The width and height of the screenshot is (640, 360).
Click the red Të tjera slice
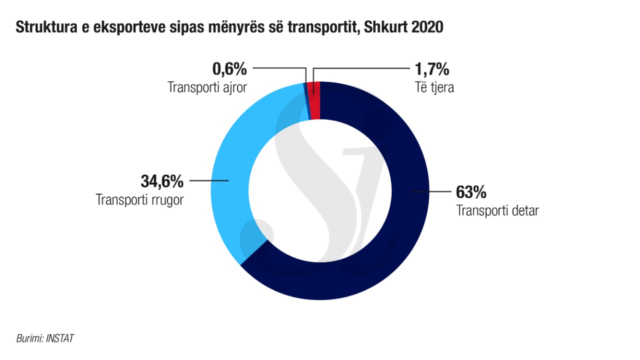pyautogui.click(x=314, y=100)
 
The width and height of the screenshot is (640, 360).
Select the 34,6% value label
pyautogui.click(x=161, y=180)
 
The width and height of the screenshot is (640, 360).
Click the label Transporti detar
pyautogui.click(x=497, y=210)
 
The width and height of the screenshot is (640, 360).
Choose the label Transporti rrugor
pyautogui.click(x=140, y=199)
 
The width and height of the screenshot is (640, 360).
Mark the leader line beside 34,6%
pyautogui.click(x=208, y=180)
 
